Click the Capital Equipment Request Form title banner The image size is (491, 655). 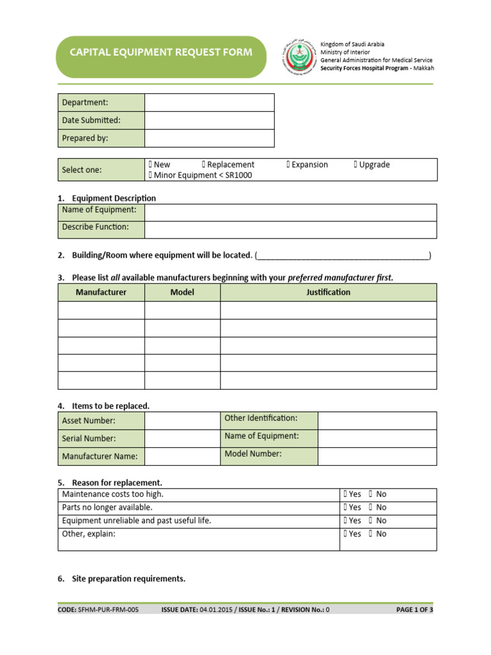(160, 52)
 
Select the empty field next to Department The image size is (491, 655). (209, 103)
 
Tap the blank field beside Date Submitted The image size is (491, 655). (209, 120)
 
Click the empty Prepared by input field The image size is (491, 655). (209, 138)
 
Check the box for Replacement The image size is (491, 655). (204, 165)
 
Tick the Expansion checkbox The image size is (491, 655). (288, 165)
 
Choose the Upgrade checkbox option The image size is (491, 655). (355, 165)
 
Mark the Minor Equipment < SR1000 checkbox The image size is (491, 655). (150, 175)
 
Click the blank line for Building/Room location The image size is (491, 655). (343, 256)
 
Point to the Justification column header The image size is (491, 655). (328, 292)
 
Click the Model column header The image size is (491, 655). (182, 292)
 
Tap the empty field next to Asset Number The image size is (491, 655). (182, 421)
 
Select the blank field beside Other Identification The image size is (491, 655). (377, 420)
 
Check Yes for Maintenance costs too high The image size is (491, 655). (346, 494)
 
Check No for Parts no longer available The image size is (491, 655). (371, 508)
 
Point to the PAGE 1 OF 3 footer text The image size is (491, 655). (414, 610)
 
